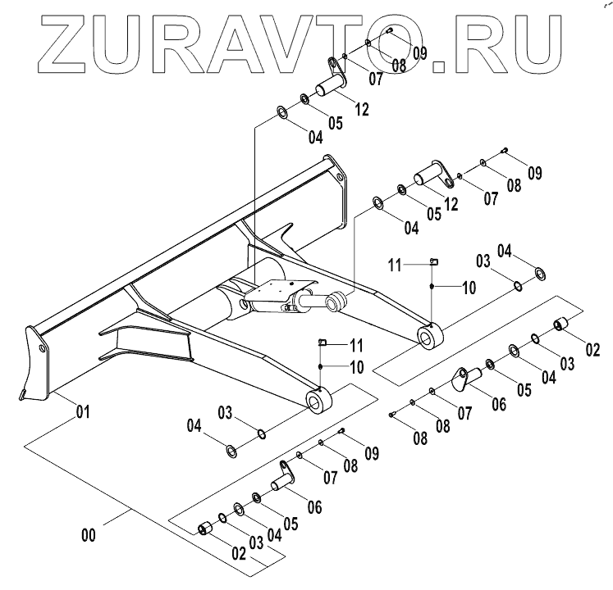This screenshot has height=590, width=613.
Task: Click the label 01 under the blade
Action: click(82, 412)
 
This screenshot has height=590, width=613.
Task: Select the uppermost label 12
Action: click(363, 107)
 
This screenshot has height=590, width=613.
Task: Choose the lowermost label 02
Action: click(239, 553)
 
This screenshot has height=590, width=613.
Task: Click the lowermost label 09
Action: click(371, 452)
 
